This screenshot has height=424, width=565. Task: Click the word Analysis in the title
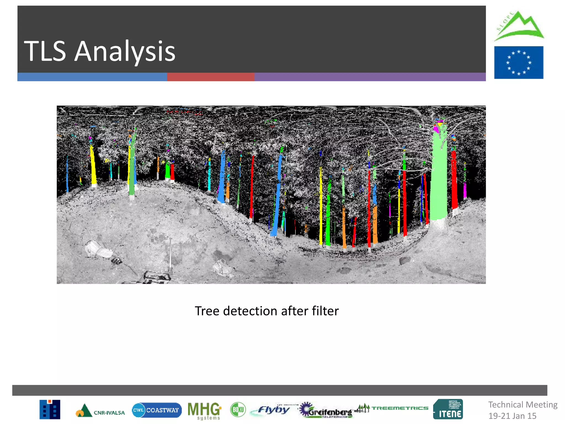click(125, 51)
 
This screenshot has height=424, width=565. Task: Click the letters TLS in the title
click(45, 51)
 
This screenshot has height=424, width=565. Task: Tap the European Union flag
click(518, 63)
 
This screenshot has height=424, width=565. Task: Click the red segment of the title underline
click(210, 77)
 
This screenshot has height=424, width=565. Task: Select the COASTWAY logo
click(157, 410)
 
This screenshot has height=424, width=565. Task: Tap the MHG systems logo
click(204, 410)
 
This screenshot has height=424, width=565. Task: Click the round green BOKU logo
click(238, 410)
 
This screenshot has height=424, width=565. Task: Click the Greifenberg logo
click(326, 410)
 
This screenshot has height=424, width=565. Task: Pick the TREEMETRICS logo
click(392, 408)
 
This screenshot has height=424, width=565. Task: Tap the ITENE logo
click(448, 409)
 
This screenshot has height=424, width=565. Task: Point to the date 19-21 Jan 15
click(512, 416)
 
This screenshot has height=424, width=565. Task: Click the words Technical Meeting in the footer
click(523, 405)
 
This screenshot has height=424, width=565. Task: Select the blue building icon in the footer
click(50, 409)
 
